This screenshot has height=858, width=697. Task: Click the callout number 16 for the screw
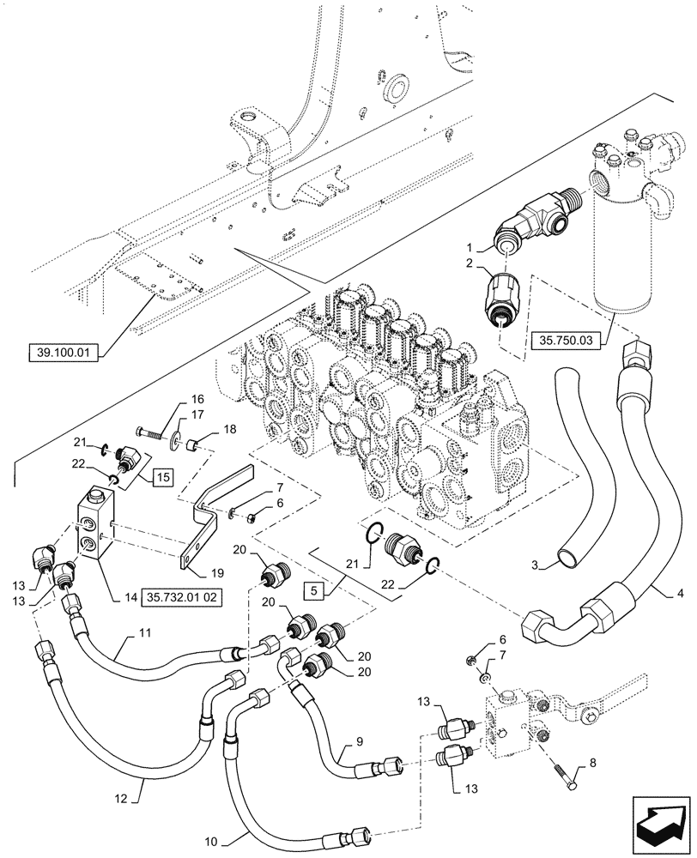pyautogui.click(x=197, y=401)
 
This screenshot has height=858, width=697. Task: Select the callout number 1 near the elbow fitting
pyautogui.click(x=484, y=245)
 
